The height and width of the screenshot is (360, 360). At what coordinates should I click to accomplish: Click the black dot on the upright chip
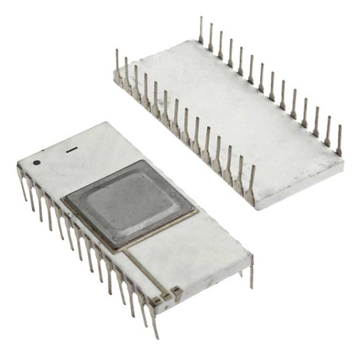pyautogui.click(x=36, y=162)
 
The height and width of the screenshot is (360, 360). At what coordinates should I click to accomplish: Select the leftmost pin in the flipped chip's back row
pyautogui.click(x=201, y=30)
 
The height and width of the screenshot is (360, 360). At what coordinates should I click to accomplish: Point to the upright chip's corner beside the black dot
pyautogui.click(x=18, y=162)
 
